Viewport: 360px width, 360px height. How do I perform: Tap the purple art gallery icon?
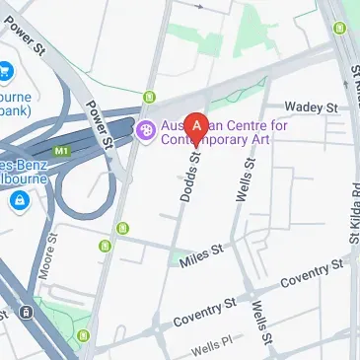click(x=145, y=129)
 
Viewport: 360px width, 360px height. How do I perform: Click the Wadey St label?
click(x=312, y=106)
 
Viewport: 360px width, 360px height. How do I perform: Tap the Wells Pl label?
click(x=210, y=349)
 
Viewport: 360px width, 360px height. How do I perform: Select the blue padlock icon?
click(x=18, y=201)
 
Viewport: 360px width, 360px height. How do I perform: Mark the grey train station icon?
click(x=26, y=314)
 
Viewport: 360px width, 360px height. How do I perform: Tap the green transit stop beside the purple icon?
click(x=150, y=97)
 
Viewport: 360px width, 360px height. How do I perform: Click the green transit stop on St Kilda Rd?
click(x=339, y=28)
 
